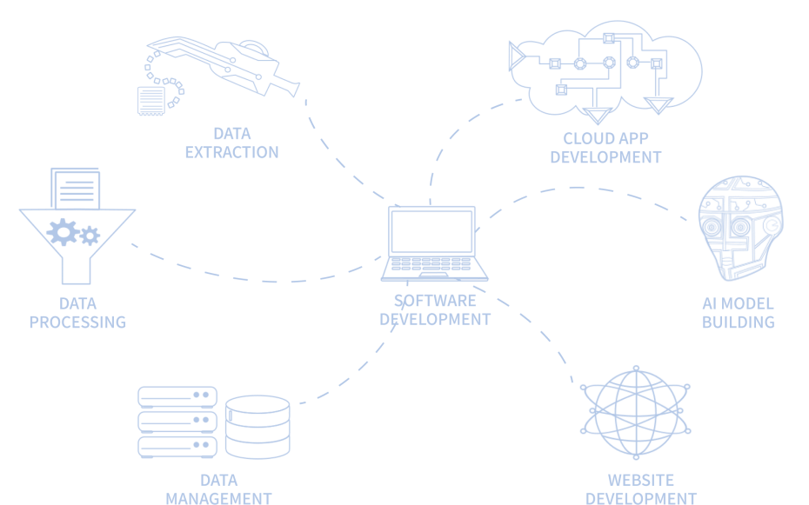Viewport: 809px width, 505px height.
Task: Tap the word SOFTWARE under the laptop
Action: (x=435, y=301)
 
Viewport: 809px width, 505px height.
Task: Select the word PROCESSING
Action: (x=77, y=322)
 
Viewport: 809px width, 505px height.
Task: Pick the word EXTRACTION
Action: (x=231, y=153)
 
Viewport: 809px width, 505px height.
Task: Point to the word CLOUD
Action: (x=588, y=139)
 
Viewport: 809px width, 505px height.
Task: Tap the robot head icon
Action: (x=740, y=228)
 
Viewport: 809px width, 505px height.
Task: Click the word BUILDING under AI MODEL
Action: (x=739, y=322)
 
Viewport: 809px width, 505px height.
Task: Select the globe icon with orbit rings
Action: (x=638, y=415)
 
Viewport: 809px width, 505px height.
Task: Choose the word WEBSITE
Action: (x=640, y=481)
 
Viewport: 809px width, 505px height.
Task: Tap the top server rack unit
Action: (x=177, y=396)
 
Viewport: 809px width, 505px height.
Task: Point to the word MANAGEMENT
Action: (x=218, y=498)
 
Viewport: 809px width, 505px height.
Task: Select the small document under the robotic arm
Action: (x=150, y=101)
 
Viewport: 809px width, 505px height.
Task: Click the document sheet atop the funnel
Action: (x=76, y=189)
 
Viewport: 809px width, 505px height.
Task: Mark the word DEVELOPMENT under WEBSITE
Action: (x=640, y=498)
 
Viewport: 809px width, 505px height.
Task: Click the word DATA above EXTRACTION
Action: (x=231, y=135)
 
